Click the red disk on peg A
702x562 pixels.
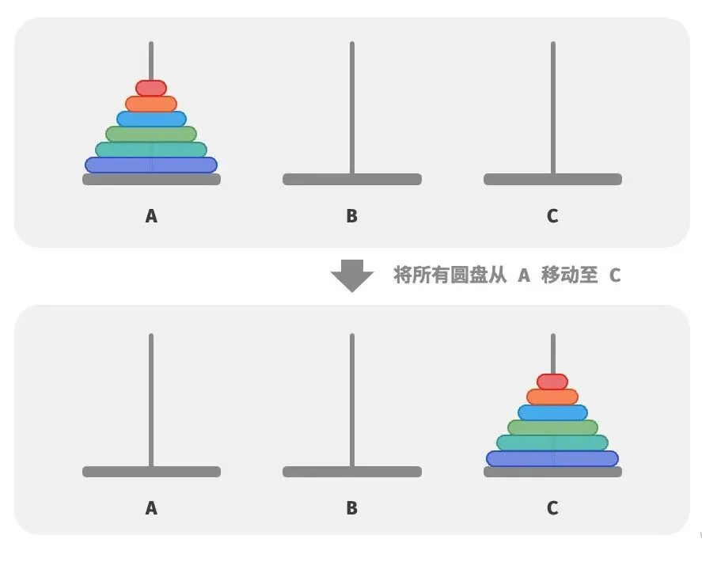[150, 88]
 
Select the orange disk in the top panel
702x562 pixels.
[150, 104]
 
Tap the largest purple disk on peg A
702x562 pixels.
[150, 165]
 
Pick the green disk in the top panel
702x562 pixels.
[150, 134]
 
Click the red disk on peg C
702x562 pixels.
[552, 382]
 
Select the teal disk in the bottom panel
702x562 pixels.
[552, 442]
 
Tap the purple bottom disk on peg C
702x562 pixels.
[552, 458]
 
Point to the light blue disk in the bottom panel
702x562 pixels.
[552, 412]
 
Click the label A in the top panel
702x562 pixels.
[151, 215]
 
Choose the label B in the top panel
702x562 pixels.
[351, 215]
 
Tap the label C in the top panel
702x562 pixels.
[552, 215]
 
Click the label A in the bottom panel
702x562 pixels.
[151, 508]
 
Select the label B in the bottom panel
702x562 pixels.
[351, 508]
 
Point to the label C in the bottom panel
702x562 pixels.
[552, 508]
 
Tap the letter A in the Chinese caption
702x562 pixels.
[523, 275]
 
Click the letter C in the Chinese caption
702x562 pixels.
[615, 275]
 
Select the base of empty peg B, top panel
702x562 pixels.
[351, 180]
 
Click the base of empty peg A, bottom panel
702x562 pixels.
[151, 472]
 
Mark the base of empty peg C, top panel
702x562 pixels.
[552, 180]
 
